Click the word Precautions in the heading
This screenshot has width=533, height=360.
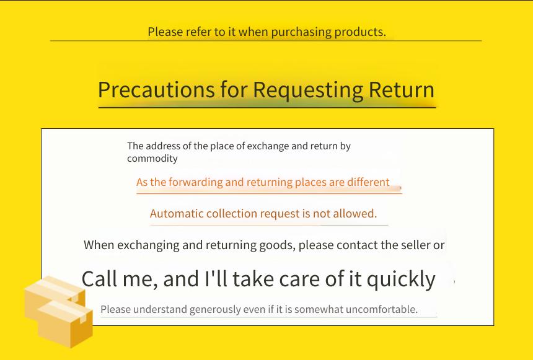[x=156, y=90]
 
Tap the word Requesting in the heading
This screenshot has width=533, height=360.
[x=308, y=90]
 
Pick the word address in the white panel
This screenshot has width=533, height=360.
[x=164, y=146]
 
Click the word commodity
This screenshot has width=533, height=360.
[x=152, y=159]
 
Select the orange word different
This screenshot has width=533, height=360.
[x=368, y=182]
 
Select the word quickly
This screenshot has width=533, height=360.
[x=401, y=280]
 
